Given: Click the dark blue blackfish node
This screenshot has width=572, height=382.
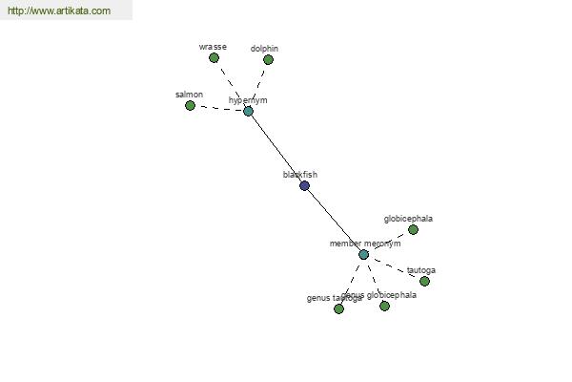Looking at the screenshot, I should click(305, 185).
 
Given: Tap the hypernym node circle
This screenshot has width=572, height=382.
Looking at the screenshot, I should click(249, 111).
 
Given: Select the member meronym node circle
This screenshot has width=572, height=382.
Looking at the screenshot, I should click(363, 254).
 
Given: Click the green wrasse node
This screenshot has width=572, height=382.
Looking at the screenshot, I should click(214, 57).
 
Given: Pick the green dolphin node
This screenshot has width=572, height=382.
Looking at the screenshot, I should click(268, 59).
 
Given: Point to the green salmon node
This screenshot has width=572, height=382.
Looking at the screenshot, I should click(191, 105).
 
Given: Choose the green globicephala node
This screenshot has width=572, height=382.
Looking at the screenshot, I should click(413, 229).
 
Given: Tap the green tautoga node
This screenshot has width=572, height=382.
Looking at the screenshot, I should click(424, 281).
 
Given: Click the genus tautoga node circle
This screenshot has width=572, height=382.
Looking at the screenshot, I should click(338, 308).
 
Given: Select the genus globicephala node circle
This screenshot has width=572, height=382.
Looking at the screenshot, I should click(384, 306).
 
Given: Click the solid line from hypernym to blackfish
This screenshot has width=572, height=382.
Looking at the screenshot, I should click(276, 148).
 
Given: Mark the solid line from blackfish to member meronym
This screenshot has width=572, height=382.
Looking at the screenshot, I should click(334, 220).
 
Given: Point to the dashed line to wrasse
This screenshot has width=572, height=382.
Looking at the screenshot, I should click(231, 83).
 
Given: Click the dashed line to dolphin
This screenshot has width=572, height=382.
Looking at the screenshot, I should click(258, 85).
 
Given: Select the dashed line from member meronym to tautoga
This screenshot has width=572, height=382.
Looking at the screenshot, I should click(394, 267).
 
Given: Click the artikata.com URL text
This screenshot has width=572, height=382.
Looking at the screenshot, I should click(59, 11).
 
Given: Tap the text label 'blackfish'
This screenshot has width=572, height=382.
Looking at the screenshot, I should click(300, 175).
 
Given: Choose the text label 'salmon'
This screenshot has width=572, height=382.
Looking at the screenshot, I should click(189, 95).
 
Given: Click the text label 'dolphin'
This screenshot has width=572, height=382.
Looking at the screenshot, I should click(264, 49).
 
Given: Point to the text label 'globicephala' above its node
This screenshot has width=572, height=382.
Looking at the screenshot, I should click(408, 219).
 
